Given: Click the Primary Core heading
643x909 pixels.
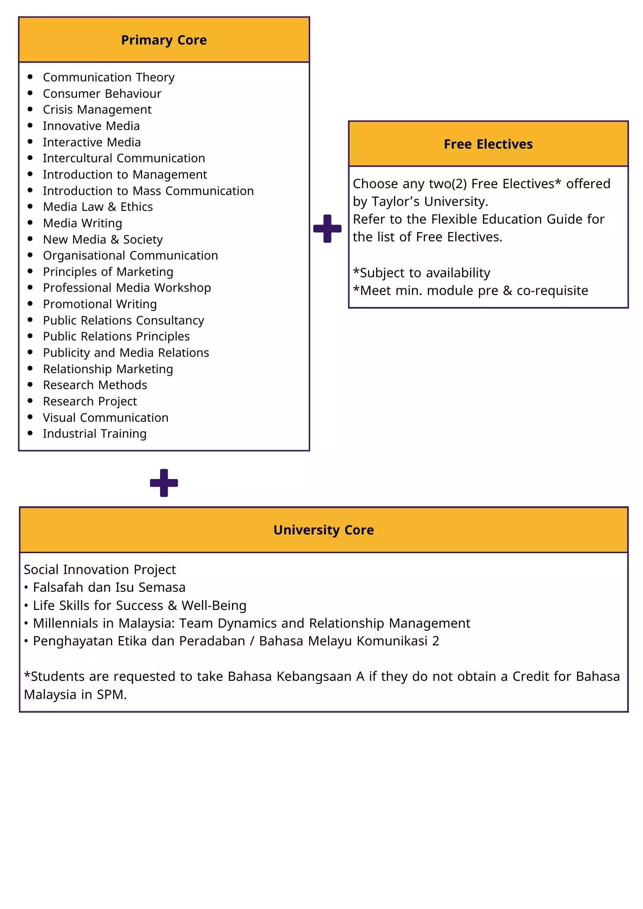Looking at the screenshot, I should (164, 40).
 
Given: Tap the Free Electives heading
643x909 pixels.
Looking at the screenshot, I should (488, 144).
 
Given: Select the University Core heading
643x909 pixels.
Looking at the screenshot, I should (323, 530).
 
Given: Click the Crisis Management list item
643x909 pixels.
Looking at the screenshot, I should (97, 110).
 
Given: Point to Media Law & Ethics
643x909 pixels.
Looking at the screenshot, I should (98, 207).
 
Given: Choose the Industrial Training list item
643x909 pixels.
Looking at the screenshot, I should (95, 434).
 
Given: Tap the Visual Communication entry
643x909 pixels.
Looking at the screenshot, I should (105, 418).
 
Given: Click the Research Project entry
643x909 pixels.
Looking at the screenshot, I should (90, 401).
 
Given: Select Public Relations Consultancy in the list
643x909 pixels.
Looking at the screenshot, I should (123, 320).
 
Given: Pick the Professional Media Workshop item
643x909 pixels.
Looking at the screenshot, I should (127, 288).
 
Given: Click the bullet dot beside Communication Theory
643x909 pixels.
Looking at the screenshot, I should (30, 77).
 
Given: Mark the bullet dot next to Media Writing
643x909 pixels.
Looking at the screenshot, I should (30, 223).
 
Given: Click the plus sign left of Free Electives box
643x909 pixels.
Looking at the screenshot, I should (327, 229).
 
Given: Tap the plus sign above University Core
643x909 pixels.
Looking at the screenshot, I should (164, 483).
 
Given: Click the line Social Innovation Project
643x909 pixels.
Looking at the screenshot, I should (100, 569).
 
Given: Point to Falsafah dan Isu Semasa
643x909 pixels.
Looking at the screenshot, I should (109, 588).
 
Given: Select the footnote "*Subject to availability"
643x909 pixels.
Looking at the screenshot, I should (422, 273).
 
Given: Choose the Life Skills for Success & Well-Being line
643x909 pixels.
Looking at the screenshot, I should (140, 605).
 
